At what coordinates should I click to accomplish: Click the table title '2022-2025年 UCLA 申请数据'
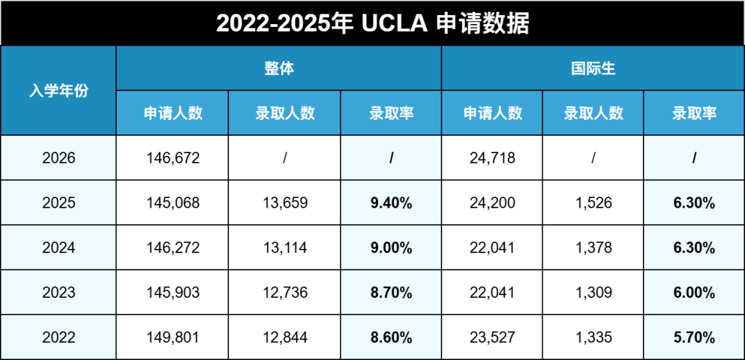372,23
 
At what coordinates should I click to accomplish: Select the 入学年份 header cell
59,90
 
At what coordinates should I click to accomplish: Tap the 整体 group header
279,68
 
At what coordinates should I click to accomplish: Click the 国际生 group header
593,68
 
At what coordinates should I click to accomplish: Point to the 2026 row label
59,158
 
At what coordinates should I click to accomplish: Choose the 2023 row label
59,292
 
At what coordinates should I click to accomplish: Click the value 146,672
172,158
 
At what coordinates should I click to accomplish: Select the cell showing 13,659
285,203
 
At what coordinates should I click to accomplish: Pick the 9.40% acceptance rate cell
391,203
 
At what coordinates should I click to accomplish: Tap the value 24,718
492,158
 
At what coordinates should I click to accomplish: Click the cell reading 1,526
593,203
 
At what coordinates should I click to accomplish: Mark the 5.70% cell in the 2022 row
694,337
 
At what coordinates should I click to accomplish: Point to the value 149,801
172,337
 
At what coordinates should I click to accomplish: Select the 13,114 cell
285,248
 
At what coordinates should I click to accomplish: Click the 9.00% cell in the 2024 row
391,248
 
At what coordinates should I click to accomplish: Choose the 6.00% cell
694,292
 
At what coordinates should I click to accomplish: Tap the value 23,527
492,337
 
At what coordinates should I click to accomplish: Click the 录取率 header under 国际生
694,113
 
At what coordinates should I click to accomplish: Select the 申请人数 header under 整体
172,113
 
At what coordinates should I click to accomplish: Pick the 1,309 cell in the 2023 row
593,292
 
